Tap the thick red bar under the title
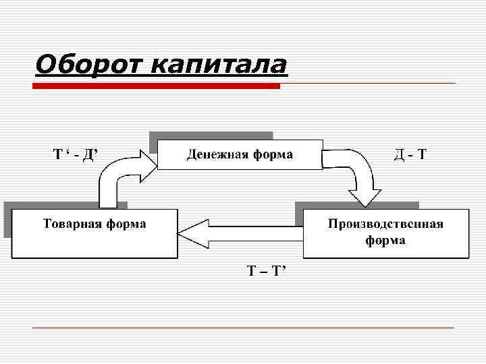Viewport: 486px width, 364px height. tap(157, 86)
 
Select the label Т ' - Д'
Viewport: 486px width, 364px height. tap(76, 155)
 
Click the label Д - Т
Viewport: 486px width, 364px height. tap(410, 155)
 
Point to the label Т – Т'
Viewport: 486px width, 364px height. tap(267, 271)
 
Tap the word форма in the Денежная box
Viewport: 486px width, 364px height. tap(273, 155)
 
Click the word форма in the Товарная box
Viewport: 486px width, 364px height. tap(126, 224)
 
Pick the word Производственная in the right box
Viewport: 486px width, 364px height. tap(385, 224)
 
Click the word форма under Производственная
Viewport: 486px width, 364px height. tap(385, 240)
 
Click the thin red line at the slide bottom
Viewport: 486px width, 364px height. tap(243, 328)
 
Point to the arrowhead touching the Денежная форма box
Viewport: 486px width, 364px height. tap(146, 162)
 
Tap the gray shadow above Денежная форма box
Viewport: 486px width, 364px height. tap(211, 135)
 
